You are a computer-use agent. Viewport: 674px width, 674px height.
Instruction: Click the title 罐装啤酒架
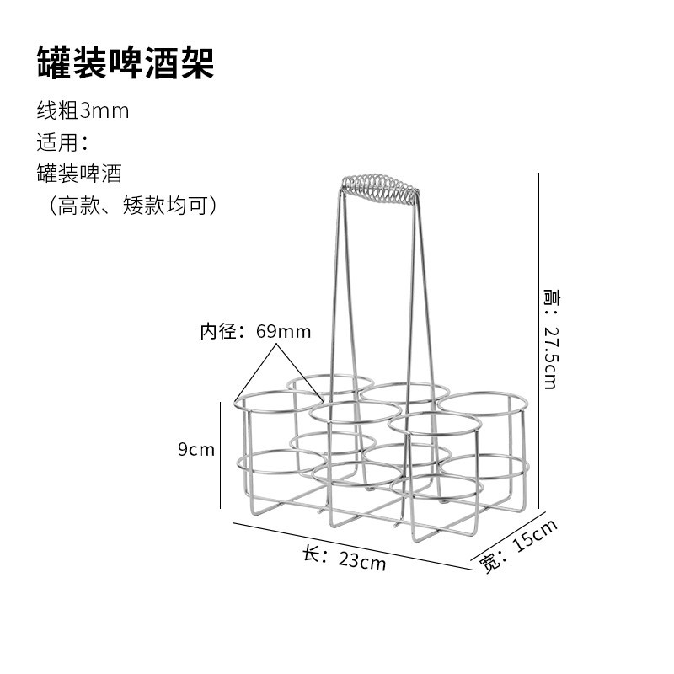tap(125, 63)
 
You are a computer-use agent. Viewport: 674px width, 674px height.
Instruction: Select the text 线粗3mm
tap(83, 111)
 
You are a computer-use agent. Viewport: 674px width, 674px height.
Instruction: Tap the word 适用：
tap(62, 142)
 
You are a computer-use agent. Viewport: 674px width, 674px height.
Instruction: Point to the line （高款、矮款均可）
tap(129, 205)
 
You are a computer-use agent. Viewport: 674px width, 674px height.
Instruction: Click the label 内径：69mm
tap(255, 331)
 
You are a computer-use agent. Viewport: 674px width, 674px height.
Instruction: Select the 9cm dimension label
tap(196, 450)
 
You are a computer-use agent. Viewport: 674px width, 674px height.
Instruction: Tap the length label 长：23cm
tap(344, 559)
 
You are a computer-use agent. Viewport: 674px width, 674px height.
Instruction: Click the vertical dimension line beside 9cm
tap(220, 455)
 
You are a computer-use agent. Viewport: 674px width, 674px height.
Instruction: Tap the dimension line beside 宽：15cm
tap(505, 539)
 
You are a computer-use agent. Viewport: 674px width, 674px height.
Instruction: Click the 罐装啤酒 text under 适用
tap(79, 174)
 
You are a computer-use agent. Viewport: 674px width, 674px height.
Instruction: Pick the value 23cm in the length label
tap(362, 561)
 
